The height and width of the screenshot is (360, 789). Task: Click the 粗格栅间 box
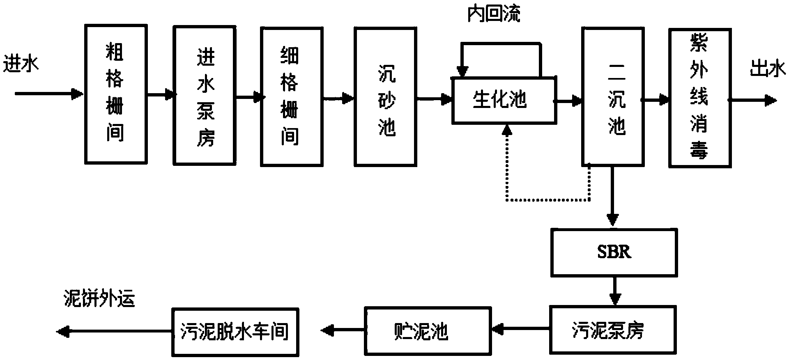(x=115, y=94)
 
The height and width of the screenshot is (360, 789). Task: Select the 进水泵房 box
(x=205, y=96)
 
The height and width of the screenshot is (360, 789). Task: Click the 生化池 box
(x=504, y=100)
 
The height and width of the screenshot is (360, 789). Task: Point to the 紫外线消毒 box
(x=699, y=98)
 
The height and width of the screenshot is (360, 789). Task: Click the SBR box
(x=614, y=252)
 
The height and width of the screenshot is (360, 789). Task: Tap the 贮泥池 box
(x=427, y=330)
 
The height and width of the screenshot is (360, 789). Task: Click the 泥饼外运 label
(x=99, y=300)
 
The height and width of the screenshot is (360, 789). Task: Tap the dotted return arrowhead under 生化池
(x=508, y=130)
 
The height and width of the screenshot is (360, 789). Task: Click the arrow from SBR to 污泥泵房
(x=614, y=292)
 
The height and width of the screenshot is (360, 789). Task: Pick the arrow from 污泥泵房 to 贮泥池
(x=520, y=328)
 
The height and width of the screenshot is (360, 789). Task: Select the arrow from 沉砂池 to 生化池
(x=435, y=99)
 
